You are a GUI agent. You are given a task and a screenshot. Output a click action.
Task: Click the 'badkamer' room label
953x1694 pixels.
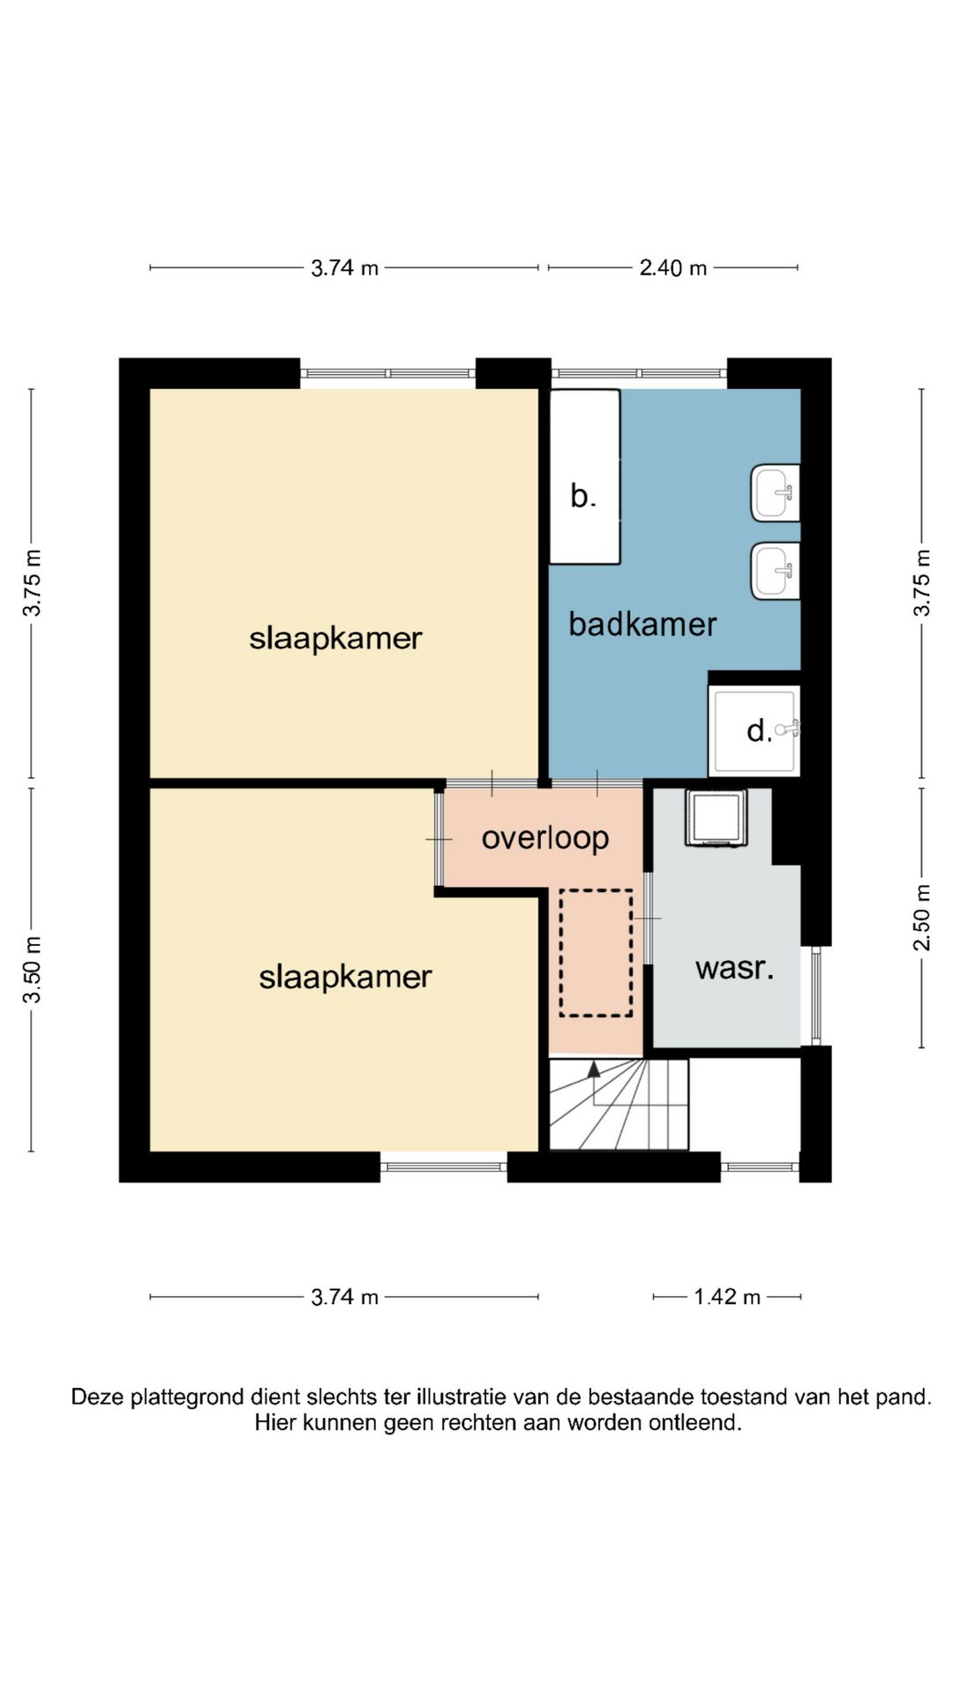[642, 625]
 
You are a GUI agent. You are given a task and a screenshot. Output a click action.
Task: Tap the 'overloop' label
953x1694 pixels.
[545, 838]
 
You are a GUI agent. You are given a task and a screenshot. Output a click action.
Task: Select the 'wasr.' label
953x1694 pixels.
[734, 969]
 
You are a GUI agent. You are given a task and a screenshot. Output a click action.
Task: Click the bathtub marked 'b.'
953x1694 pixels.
[584, 476]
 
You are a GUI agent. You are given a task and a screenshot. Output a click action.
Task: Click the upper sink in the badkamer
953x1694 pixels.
[776, 492]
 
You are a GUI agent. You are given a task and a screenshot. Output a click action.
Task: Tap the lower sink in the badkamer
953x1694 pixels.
[776, 571]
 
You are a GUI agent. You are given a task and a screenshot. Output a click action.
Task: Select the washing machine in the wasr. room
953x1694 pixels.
[716, 818]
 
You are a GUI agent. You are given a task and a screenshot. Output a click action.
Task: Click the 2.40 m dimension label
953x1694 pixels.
[673, 267]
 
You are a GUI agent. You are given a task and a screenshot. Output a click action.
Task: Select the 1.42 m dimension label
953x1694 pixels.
[727, 1297]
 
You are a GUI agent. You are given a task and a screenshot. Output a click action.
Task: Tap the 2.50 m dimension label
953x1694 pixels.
[922, 918]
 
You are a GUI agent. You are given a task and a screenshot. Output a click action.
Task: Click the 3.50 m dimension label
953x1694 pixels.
[33, 970]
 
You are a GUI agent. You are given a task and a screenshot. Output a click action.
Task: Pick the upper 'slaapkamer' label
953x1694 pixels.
[335, 638]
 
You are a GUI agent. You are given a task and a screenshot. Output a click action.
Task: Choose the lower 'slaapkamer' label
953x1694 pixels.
[345, 977]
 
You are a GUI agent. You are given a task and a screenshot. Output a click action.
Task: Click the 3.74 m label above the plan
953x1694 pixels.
[344, 267]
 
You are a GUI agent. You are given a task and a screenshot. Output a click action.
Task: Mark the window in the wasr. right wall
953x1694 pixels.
[816, 996]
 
